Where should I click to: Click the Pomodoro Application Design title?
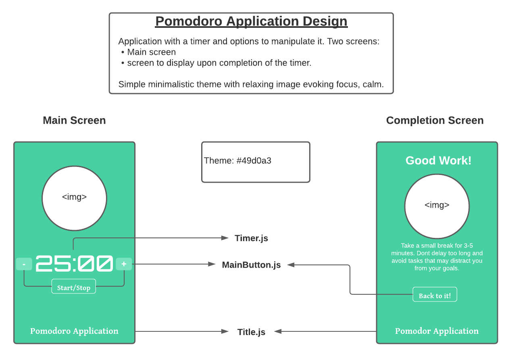pyautogui.click(x=251, y=21)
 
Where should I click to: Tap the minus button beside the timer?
pyautogui.click(x=24, y=264)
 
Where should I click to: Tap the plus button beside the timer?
pyautogui.click(x=124, y=264)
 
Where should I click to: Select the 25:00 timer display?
pyautogui.click(x=74, y=264)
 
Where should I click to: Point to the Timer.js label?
pyautogui.click(x=251, y=238)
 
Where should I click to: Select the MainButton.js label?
pyautogui.click(x=251, y=265)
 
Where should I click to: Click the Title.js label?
pyautogui.click(x=251, y=332)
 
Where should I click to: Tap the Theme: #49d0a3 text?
pyautogui.click(x=237, y=160)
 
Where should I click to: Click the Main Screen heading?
pyautogui.click(x=74, y=121)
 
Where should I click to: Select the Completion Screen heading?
pyautogui.click(x=435, y=121)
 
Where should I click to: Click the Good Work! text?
pyautogui.click(x=438, y=160)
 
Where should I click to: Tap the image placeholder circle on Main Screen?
pyautogui.click(x=74, y=198)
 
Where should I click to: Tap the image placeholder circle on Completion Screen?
pyautogui.click(x=437, y=206)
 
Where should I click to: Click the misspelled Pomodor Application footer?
pyautogui.click(x=437, y=331)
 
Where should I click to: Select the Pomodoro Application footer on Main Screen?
pyautogui.click(x=74, y=331)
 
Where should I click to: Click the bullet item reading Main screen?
pyautogui.click(x=151, y=52)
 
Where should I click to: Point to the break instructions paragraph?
pyautogui.click(x=437, y=257)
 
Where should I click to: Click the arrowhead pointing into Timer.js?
pyautogui.click(x=225, y=238)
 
